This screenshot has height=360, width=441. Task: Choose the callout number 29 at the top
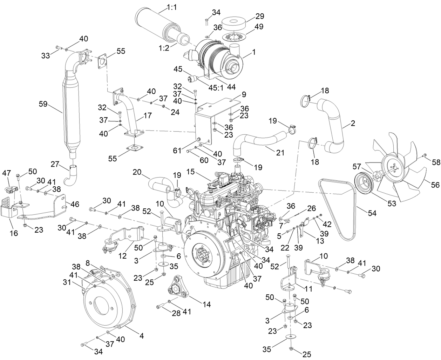pos(259,16)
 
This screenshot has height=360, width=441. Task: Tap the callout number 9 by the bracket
pos(244,94)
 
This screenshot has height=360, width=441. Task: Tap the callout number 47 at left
pos(7,173)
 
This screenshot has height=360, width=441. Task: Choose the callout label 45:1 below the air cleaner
pos(216,87)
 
